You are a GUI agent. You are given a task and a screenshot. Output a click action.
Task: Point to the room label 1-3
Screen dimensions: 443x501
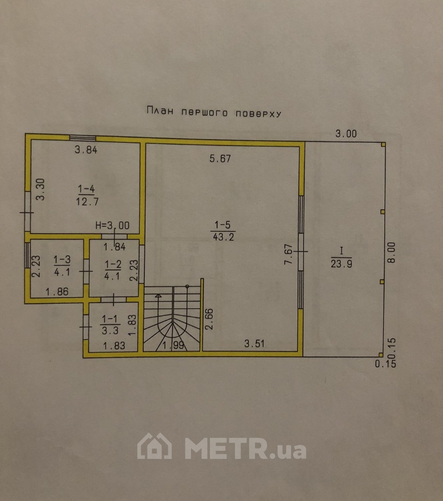click(x=62, y=266)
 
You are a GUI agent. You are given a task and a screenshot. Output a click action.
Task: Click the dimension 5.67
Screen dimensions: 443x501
click(x=220, y=159)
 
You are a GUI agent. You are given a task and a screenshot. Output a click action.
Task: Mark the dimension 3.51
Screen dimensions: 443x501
click(x=254, y=344)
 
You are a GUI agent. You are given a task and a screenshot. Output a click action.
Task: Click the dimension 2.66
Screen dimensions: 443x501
click(x=210, y=319)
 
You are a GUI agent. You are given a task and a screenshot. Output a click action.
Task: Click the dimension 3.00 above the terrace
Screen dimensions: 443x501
click(x=346, y=134)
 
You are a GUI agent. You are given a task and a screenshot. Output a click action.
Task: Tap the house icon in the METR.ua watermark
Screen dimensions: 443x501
click(x=154, y=446)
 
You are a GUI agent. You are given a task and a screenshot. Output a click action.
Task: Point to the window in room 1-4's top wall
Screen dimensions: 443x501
click(x=83, y=138)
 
